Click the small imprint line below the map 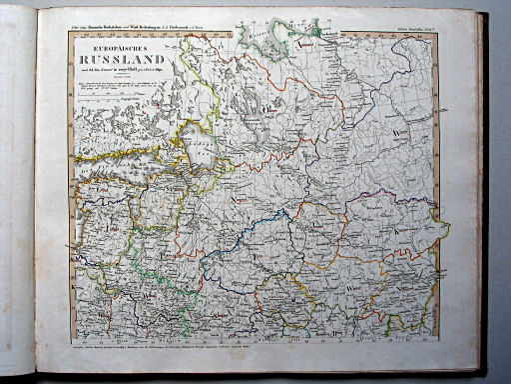(x=250, y=352)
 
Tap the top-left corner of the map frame (x=69, y=31)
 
